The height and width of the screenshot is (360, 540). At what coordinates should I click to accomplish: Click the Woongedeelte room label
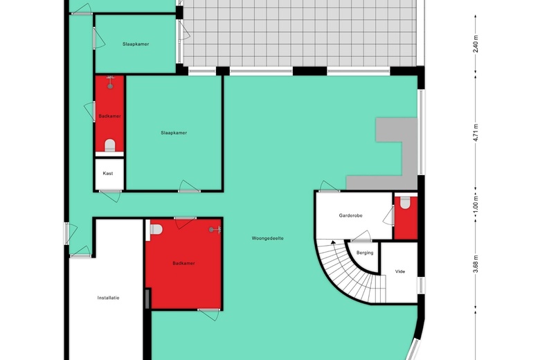point(268,238)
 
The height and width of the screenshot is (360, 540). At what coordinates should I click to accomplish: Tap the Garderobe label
point(350,216)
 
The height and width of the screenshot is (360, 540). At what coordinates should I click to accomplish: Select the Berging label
point(365,253)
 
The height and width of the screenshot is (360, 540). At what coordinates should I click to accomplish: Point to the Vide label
point(400,271)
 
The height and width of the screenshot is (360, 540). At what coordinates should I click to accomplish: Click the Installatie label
point(108,298)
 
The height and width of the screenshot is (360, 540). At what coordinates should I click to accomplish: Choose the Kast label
point(108,173)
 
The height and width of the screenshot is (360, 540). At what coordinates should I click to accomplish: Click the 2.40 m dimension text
point(476,44)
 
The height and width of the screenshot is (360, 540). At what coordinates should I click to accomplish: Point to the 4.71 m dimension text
point(476,132)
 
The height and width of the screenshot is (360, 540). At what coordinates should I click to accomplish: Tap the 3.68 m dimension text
point(476,264)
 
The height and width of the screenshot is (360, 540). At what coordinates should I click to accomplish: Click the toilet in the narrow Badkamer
point(110,145)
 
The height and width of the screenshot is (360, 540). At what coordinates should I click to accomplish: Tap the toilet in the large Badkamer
point(156,229)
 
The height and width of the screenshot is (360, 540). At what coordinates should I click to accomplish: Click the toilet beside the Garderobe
point(405,203)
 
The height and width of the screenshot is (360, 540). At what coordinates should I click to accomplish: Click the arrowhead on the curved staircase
point(333,242)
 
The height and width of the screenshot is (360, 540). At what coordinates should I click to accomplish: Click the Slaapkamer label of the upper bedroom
point(136,44)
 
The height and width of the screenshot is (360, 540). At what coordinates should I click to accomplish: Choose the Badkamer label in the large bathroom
point(183,263)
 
